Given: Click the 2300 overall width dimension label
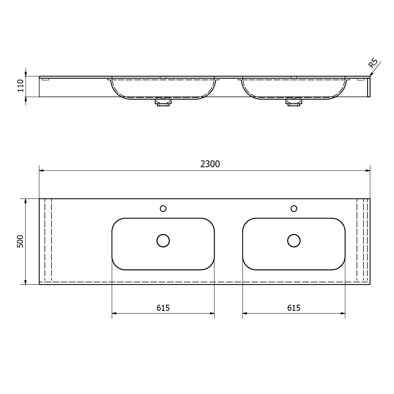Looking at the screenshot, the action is pyautogui.click(x=210, y=164).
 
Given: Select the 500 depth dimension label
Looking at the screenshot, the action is pyautogui.click(x=20, y=241).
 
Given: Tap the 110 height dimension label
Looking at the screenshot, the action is pyautogui.click(x=20, y=86).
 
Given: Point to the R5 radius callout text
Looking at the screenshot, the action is pyautogui.click(x=373, y=63).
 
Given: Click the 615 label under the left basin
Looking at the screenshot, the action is pyautogui.click(x=163, y=308).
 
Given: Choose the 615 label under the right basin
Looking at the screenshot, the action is pyautogui.click(x=294, y=308).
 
